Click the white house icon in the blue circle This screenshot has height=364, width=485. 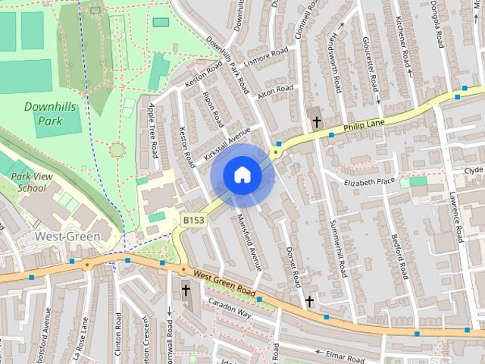pyautogui.click(x=242, y=174)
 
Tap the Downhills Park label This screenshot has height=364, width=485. pyautogui.click(x=50, y=114)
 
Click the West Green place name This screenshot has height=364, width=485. pyautogui.click(x=67, y=237)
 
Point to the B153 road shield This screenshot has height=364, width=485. pyautogui.click(x=193, y=220)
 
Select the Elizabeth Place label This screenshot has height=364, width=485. pyautogui.click(x=370, y=182)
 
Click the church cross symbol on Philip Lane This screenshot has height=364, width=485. pyautogui.click(x=315, y=120)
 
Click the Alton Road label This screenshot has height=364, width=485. pyautogui.click(x=274, y=89)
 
